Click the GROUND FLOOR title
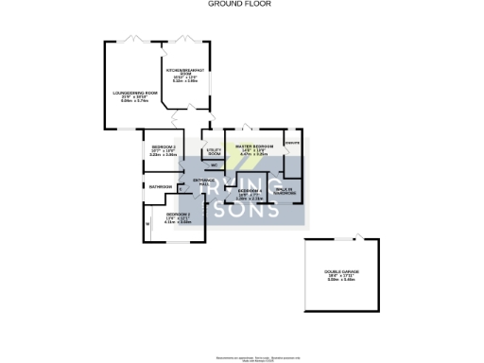coord(241,4)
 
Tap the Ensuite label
coord(292,143)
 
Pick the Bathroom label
coord(159,187)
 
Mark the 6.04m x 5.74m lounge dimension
coord(130,100)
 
